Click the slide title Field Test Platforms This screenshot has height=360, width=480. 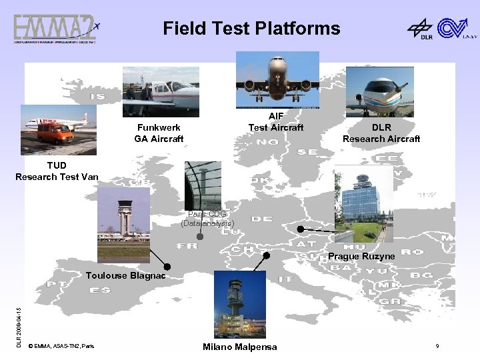click(x=251, y=29)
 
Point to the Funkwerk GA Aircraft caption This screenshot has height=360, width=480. click(x=159, y=133)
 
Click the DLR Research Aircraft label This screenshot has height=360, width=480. click(x=381, y=133)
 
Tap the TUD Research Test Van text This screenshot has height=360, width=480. click(x=57, y=170)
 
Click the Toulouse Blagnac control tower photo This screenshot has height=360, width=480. click(x=123, y=225)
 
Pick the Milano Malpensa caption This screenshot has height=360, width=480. click(x=240, y=347)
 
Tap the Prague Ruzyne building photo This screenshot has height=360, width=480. click(x=363, y=203)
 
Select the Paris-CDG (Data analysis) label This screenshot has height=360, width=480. click(x=207, y=219)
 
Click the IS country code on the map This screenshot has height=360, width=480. click(x=97, y=97)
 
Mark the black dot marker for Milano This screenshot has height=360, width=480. click(x=266, y=255)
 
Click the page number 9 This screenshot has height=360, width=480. click(x=437, y=346)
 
